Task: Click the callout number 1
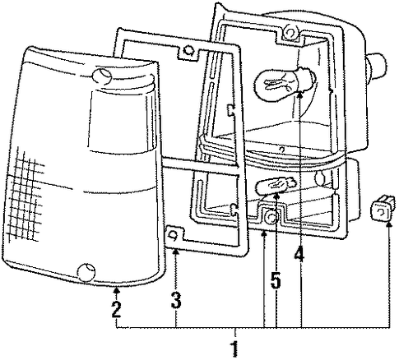[x=234, y=348]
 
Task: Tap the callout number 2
[x=117, y=309]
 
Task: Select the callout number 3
[x=176, y=300]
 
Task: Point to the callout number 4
[x=299, y=254]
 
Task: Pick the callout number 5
[x=276, y=279]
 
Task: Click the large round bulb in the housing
[x=285, y=81]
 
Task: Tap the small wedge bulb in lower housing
[x=276, y=185]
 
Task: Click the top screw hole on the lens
[x=102, y=76]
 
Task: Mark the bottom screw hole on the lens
[x=86, y=272]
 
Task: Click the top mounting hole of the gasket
[x=188, y=50]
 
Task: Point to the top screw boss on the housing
[x=290, y=33]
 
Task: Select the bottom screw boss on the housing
[x=271, y=218]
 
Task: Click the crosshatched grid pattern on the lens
[x=25, y=196]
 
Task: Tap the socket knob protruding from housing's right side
[x=376, y=67]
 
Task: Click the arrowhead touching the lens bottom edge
[x=117, y=288]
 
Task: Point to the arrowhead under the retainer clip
[x=388, y=225]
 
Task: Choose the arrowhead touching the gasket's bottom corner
[x=175, y=252]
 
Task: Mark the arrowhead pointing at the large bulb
[x=300, y=95]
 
